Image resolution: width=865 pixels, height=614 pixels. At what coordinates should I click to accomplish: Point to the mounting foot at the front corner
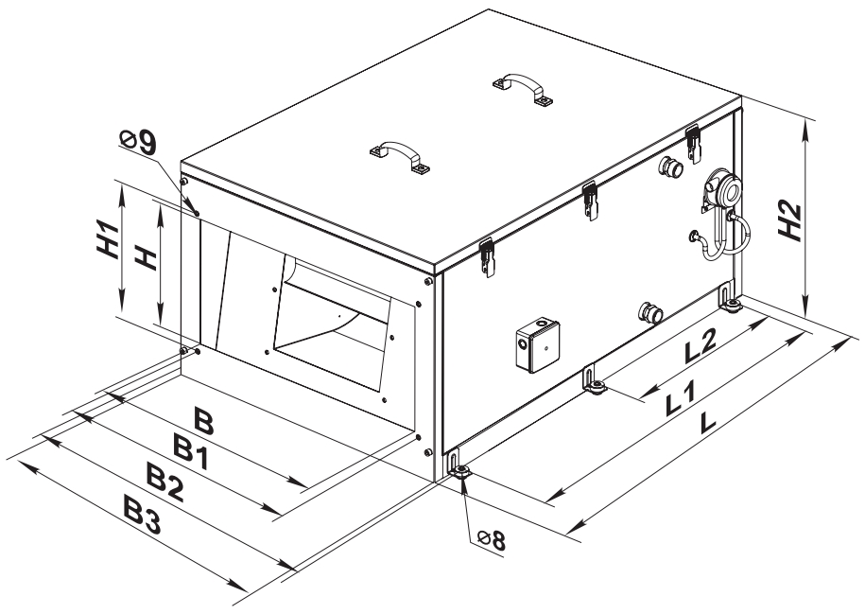click(x=458, y=469)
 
